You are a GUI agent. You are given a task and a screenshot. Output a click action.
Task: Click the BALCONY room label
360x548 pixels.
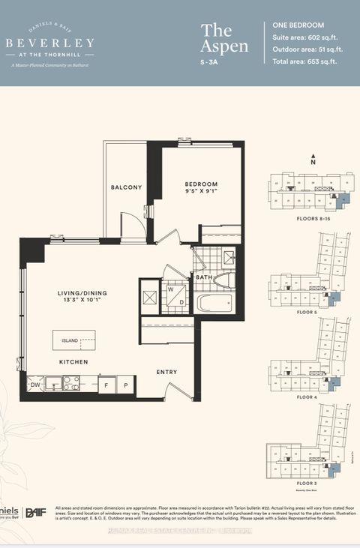(126, 187)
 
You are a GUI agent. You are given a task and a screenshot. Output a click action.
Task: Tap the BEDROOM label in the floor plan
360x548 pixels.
(201, 184)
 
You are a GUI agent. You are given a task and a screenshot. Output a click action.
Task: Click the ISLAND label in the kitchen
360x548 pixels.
(70, 340)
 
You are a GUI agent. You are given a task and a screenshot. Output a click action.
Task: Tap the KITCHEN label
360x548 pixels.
(74, 362)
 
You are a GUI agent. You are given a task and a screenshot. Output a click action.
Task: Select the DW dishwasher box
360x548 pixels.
(34, 385)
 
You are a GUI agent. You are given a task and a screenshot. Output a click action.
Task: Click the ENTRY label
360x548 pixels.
(166, 372)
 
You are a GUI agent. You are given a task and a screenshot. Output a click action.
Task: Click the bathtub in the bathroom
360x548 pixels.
(214, 303)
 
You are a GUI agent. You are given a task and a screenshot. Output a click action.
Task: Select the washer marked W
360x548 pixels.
(169, 288)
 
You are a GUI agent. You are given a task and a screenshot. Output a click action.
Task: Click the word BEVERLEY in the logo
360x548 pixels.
(50, 43)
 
